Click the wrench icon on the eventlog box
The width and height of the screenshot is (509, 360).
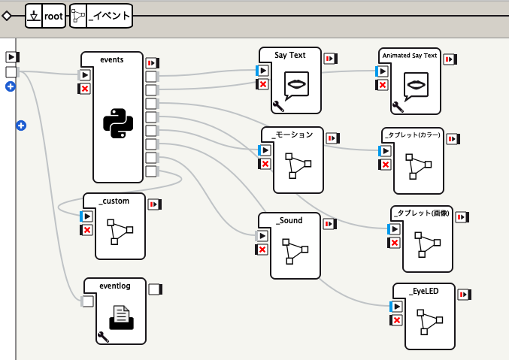pos(103,337)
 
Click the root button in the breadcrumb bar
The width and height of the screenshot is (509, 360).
pos(53,15)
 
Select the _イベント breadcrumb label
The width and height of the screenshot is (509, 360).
pos(111,15)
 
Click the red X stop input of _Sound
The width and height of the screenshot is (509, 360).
pos(262,250)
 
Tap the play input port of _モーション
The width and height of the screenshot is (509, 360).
pos(265,150)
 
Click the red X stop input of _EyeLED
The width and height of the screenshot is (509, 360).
pos(397,321)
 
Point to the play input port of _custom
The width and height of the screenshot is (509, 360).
pos(86,216)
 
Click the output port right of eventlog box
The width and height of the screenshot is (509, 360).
pos(155,289)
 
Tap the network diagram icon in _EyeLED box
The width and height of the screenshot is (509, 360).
pos(431,323)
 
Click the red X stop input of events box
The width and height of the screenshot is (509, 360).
pos(85,89)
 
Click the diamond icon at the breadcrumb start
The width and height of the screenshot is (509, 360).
pos(7,15)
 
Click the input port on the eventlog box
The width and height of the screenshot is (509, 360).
pos(87,301)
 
